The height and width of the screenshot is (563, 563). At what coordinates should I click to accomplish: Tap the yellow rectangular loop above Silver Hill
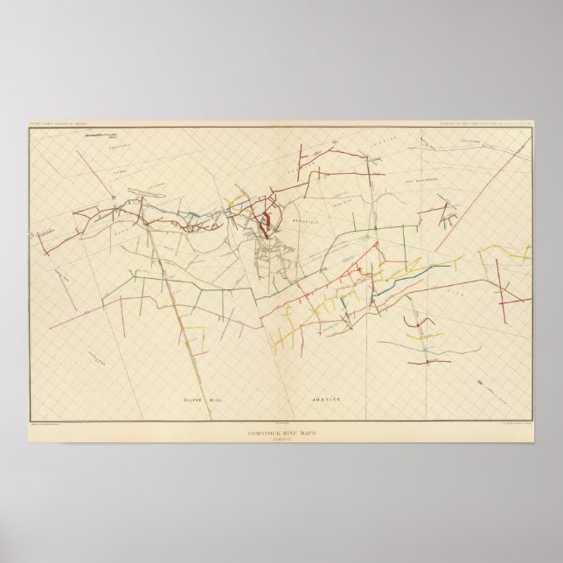pyautogui.click(x=194, y=337)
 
